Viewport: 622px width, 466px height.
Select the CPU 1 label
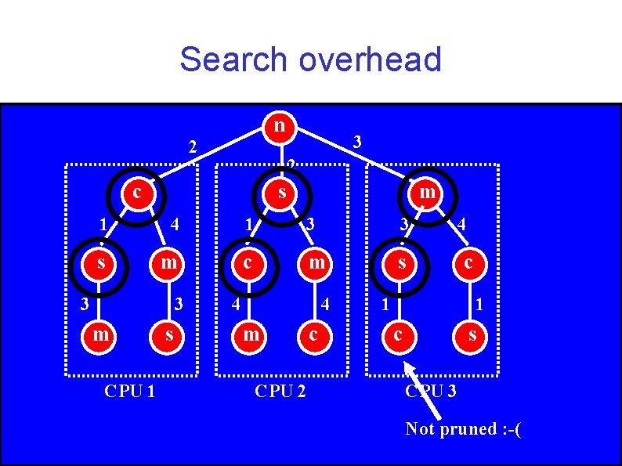pos(129,389)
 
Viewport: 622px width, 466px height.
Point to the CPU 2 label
pos(280,389)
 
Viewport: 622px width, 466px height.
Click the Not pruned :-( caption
pos(463,428)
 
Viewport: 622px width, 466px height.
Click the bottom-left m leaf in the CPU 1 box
pos(101,335)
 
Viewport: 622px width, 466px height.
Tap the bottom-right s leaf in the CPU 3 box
pos(471,335)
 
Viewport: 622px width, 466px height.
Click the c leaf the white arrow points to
pos(400,335)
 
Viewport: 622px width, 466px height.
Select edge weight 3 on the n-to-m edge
pos(357,143)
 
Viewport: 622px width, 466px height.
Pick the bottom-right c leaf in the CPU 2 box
pos(313,335)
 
